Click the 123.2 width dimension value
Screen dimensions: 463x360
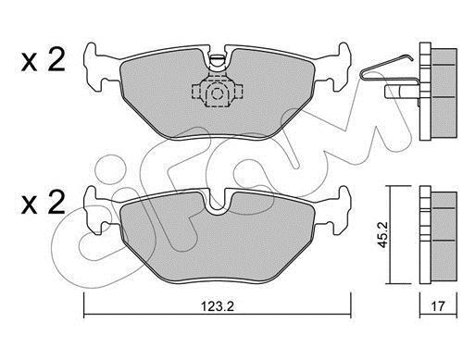point(218,306)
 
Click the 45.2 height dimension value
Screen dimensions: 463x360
point(383,234)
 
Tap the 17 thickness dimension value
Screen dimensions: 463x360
point(438,306)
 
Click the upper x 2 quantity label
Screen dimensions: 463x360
point(44,59)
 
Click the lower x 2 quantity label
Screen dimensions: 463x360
point(44,202)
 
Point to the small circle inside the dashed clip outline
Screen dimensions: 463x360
point(218,93)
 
